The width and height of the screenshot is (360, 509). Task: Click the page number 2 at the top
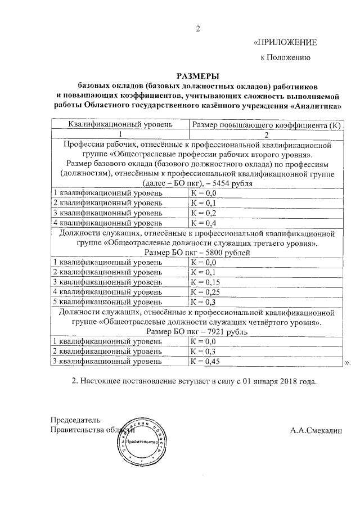pyautogui.click(x=197, y=29)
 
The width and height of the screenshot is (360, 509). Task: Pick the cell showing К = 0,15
pyautogui.click(x=206, y=282)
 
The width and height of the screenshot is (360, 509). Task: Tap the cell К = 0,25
pyautogui.click(x=206, y=292)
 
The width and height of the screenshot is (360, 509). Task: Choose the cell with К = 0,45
pyautogui.click(x=206, y=361)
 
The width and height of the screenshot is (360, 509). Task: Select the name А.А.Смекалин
pyautogui.click(x=316, y=431)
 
